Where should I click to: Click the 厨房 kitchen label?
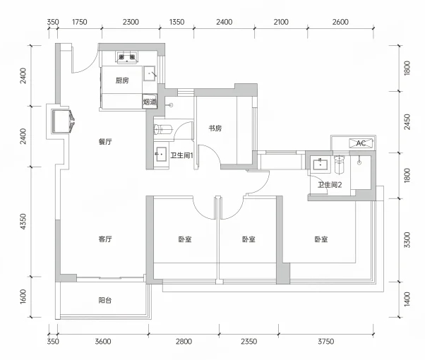(122, 80)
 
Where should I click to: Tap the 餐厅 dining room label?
(105, 141)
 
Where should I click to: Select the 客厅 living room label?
(105, 239)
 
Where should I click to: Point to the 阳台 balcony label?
(105, 300)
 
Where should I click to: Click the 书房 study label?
(215, 128)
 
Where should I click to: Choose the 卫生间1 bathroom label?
(181, 155)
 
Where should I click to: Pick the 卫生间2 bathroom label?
(330, 185)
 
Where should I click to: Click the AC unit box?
(361, 143)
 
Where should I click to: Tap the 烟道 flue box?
(150, 102)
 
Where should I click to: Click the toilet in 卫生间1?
(163, 129)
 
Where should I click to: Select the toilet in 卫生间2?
(339, 164)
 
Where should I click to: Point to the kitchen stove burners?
(127, 57)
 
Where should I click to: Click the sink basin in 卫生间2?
(321, 164)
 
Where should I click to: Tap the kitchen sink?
(150, 73)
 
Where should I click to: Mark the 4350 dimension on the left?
(23, 222)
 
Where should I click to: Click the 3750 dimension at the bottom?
(325, 342)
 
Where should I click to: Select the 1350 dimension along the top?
(176, 22)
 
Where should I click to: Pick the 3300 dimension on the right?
(407, 240)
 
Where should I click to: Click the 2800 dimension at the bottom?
(184, 342)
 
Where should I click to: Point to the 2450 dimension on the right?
(407, 122)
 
